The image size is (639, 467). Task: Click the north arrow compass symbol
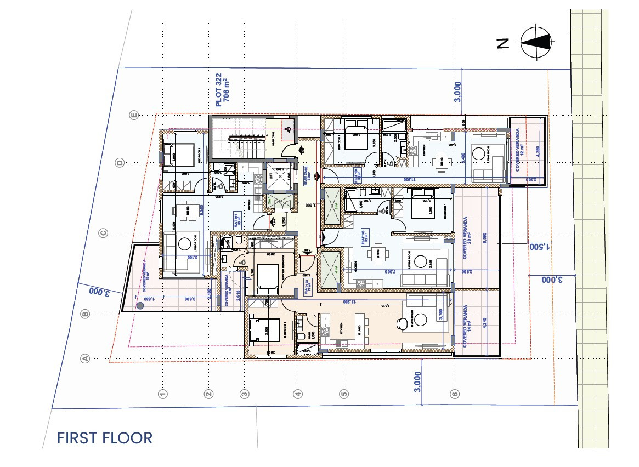[x=535, y=43]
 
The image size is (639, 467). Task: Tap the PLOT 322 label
[x=222, y=90]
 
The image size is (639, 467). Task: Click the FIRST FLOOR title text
[x=105, y=438]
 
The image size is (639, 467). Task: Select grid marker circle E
[x=133, y=115]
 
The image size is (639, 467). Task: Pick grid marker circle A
[x=85, y=358]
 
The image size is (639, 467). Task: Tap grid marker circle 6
[x=454, y=394]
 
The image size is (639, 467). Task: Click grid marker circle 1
[x=162, y=394]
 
